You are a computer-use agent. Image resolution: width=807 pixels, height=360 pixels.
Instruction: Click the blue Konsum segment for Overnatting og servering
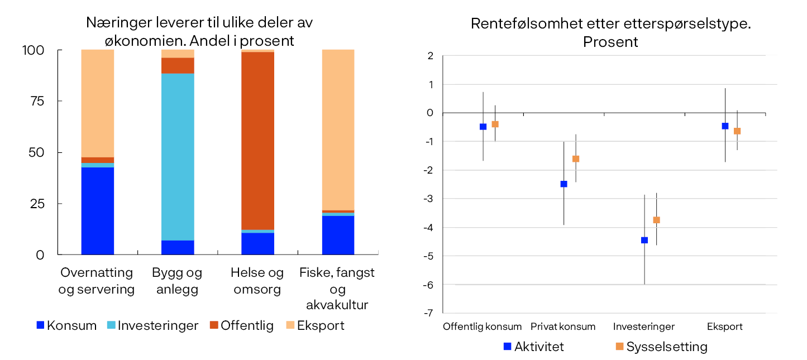[97, 211]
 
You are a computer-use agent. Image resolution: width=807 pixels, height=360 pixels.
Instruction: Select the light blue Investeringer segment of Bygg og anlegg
[178, 157]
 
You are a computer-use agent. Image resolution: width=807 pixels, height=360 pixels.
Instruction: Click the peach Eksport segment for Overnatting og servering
[97, 103]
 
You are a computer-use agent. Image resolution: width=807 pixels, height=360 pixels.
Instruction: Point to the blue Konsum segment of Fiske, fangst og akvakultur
[338, 235]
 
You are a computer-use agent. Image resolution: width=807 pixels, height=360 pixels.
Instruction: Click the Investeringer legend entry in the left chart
[151, 325]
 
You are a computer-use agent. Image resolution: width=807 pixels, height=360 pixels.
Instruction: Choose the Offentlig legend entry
[241, 325]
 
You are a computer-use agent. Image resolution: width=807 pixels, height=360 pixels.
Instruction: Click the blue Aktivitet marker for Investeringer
[644, 241]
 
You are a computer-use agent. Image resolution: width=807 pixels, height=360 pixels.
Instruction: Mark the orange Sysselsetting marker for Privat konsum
[576, 159]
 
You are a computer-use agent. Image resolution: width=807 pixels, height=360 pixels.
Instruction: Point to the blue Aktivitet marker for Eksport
[725, 126]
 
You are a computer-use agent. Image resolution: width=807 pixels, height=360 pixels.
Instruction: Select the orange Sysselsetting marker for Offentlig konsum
[495, 124]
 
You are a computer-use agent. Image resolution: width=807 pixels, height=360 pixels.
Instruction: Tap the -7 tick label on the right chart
[429, 313]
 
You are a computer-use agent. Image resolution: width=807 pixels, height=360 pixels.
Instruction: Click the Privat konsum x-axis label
[563, 327]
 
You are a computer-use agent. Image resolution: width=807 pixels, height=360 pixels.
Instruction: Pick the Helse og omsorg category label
[257, 281]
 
